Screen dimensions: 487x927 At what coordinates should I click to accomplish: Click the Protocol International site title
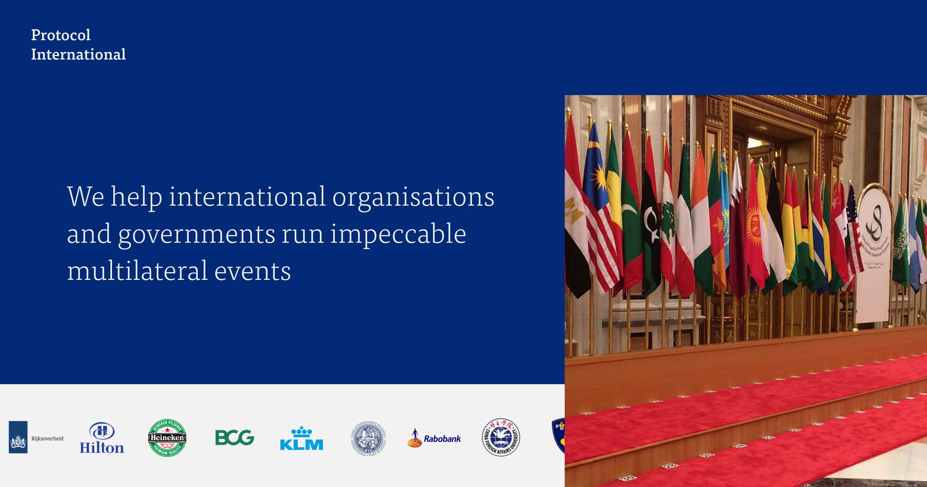click(78, 44)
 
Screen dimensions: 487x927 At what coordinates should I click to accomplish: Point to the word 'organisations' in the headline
click(413, 197)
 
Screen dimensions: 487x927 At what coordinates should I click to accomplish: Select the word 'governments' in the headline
click(196, 234)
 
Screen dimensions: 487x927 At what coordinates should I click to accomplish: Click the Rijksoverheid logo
click(36, 437)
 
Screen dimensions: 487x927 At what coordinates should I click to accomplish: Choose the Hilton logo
click(102, 438)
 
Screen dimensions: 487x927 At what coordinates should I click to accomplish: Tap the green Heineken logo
click(167, 438)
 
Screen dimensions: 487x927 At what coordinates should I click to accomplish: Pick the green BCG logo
click(234, 438)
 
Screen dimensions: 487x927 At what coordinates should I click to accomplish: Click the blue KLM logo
click(301, 438)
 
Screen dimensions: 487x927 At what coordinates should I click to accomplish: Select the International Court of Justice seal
click(368, 438)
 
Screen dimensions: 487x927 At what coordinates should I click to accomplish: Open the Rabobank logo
click(434, 438)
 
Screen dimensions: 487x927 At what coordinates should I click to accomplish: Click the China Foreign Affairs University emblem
click(501, 438)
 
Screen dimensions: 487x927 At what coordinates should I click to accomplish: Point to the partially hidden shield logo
click(559, 435)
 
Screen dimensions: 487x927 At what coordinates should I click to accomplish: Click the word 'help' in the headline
click(136, 197)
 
